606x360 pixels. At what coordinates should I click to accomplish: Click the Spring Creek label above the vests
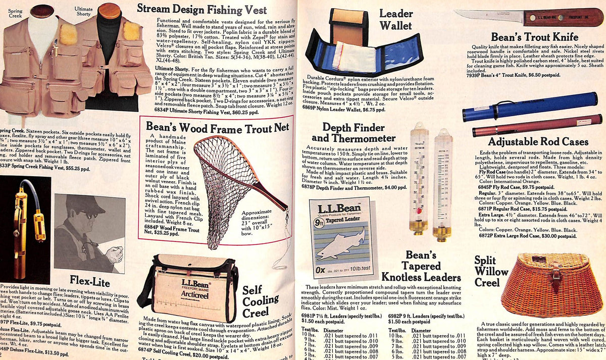[x=16, y=13]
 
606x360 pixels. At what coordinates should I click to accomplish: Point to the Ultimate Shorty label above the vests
[x=83, y=11]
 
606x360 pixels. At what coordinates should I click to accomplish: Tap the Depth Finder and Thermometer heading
[x=352, y=133]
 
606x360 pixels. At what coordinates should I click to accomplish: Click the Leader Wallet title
[x=396, y=19]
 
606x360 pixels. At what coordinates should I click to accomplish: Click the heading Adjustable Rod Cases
[x=538, y=142]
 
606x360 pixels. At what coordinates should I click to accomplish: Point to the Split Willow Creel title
[x=491, y=272]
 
